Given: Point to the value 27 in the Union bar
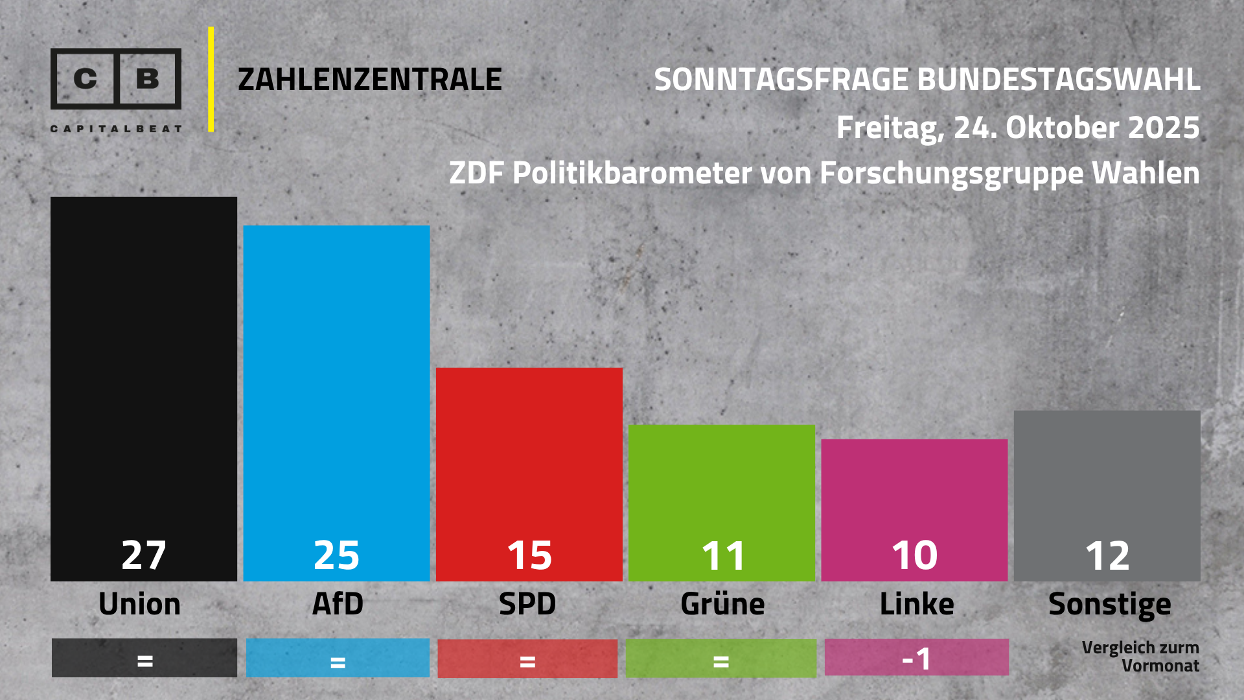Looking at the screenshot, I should pyautogui.click(x=144, y=555).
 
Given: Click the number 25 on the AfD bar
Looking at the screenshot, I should pyautogui.click(x=336, y=555).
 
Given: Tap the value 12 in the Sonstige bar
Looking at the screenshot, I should pyautogui.click(x=1107, y=556).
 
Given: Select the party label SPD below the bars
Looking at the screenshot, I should pyautogui.click(x=527, y=604).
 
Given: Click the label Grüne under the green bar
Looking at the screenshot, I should pyautogui.click(x=722, y=604).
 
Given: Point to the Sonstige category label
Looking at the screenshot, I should pyautogui.click(x=1109, y=605).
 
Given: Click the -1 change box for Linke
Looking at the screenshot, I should pyautogui.click(x=916, y=658).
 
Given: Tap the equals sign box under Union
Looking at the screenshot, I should pyautogui.click(x=144, y=659).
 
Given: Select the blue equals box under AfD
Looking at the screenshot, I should pyautogui.click(x=338, y=659).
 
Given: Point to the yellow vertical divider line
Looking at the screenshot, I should pyautogui.click(x=211, y=79).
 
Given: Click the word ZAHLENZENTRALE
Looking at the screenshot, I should pyautogui.click(x=369, y=80).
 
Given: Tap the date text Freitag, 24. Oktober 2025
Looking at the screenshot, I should pyautogui.click(x=1017, y=128).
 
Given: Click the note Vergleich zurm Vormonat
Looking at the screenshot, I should pyautogui.click(x=1140, y=656).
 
